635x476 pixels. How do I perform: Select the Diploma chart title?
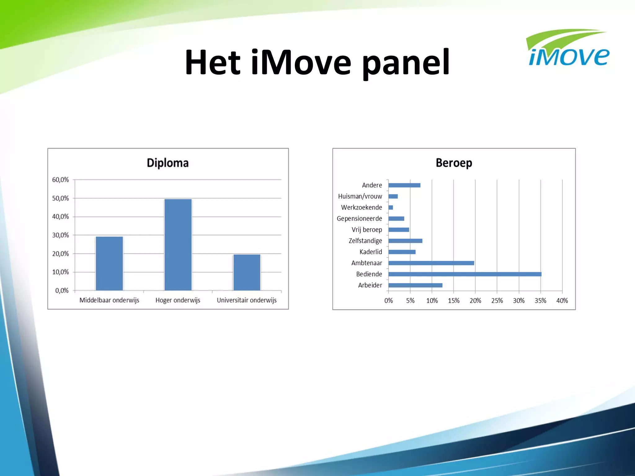pos(167,163)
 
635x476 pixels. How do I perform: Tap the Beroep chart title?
pos(454,163)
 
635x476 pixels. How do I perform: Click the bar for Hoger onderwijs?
pos(178,245)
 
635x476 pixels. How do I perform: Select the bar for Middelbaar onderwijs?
pos(109,263)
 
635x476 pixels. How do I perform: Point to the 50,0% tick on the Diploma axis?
pos(60,198)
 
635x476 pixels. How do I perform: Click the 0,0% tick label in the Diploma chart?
pos(62,291)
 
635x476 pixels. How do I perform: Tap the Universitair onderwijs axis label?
pos(246,300)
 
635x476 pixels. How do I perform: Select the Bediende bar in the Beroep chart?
pos(464,274)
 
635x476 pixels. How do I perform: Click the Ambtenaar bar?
pos(431,263)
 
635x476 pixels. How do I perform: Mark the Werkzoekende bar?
pos(391,208)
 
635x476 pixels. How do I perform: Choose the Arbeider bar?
pos(415,285)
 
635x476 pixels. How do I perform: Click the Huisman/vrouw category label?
pos(360,196)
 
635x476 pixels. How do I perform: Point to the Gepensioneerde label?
pos(359,219)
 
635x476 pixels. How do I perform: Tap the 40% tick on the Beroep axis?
pos(562,301)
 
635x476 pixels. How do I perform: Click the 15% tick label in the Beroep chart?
pos(454,301)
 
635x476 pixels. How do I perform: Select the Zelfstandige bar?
pos(405,241)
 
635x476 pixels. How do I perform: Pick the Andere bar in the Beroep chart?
pos(404,185)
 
